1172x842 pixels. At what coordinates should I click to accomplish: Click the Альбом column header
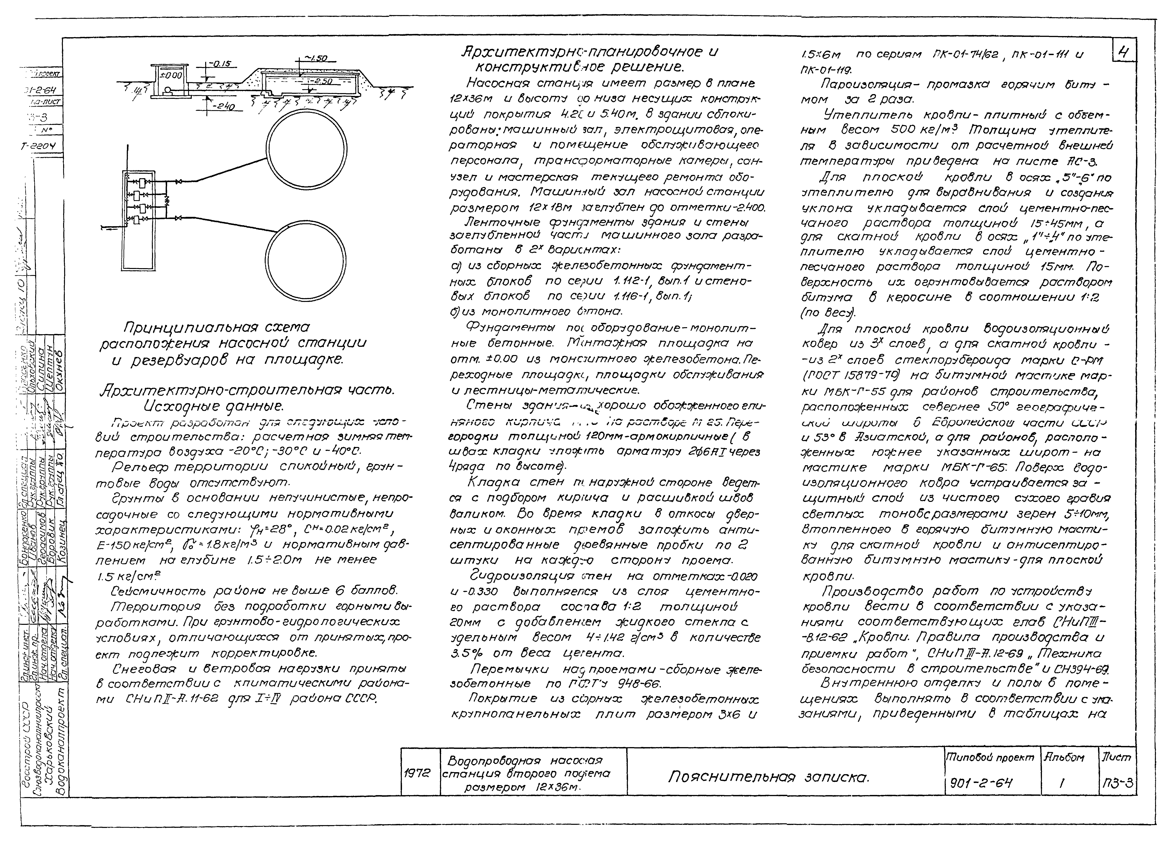coord(1063,757)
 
